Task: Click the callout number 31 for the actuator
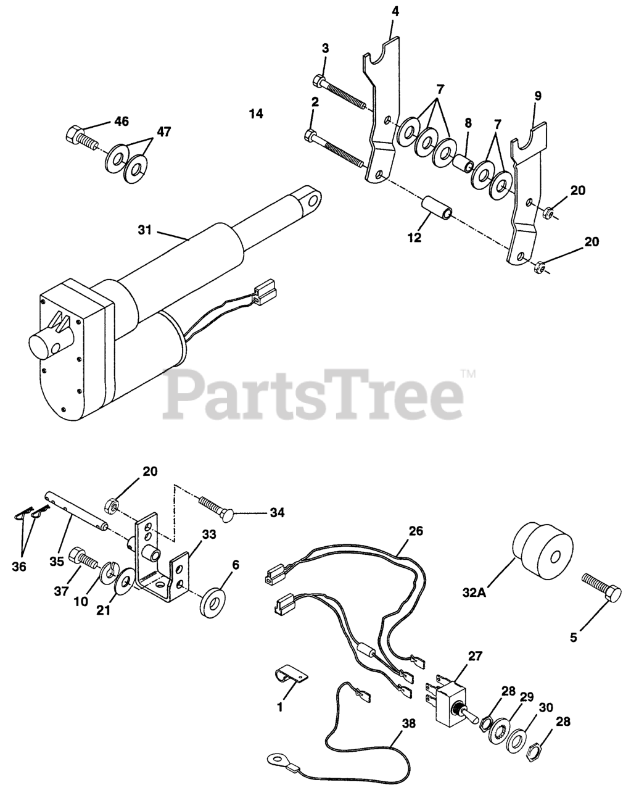click(144, 230)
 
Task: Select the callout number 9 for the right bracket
click(538, 96)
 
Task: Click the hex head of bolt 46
click(72, 133)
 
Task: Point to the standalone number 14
click(256, 113)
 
